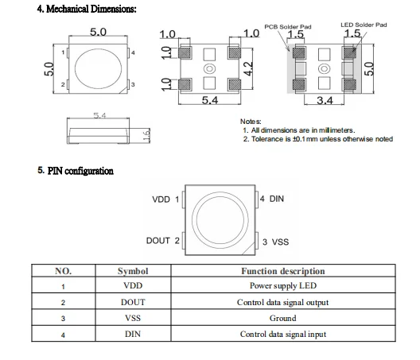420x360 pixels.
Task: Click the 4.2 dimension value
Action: [x=249, y=69]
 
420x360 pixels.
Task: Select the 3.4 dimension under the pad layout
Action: [x=325, y=101]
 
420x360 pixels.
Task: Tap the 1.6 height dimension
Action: [x=146, y=135]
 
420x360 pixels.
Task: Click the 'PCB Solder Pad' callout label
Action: [x=288, y=27]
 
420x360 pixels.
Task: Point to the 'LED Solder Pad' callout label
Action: [x=364, y=25]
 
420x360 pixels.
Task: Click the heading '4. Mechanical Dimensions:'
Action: [x=87, y=9]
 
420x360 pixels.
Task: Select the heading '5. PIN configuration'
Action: [x=76, y=171]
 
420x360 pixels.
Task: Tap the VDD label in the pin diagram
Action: [x=161, y=199]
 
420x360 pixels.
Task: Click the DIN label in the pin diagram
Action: [x=277, y=199]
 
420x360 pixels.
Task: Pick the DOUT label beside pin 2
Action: [x=158, y=241]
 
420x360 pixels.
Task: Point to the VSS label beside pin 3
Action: [x=281, y=242]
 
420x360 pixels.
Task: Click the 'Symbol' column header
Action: [x=133, y=271]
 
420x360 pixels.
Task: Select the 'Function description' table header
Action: [x=283, y=271]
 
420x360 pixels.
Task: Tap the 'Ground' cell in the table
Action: [x=283, y=318]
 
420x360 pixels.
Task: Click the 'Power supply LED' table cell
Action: [x=283, y=286]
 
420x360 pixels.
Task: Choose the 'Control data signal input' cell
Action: [x=283, y=335]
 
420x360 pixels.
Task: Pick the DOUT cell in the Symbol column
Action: [x=133, y=302]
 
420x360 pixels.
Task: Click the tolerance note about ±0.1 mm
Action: [x=318, y=139]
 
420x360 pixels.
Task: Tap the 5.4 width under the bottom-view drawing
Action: [x=210, y=100]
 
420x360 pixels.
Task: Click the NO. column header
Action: [x=63, y=271]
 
